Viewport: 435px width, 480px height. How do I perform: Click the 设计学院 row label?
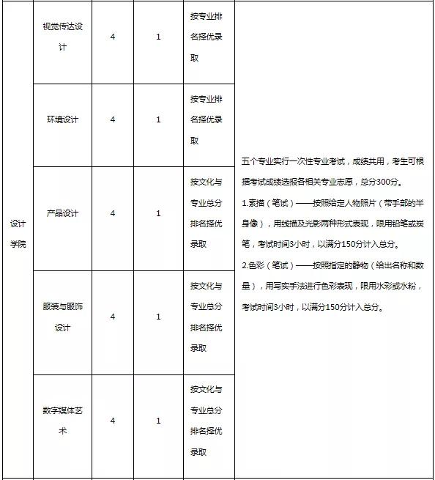click(18, 233)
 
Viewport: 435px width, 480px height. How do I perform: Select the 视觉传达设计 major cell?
click(62, 36)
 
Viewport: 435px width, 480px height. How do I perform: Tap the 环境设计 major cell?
click(62, 119)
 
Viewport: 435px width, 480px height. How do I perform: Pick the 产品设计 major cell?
click(62, 213)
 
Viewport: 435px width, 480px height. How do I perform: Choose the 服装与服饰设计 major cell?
click(62, 317)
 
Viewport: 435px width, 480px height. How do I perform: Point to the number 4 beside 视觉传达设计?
click(113, 36)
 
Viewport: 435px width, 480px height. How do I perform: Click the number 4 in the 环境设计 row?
click(113, 119)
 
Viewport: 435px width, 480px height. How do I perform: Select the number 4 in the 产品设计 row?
click(113, 213)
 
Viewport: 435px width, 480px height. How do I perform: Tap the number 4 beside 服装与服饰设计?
click(113, 317)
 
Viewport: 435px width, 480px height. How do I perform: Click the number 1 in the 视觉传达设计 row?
click(158, 36)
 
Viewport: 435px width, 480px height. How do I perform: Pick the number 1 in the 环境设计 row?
click(158, 119)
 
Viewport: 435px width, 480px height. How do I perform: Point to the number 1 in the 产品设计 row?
click(158, 213)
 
